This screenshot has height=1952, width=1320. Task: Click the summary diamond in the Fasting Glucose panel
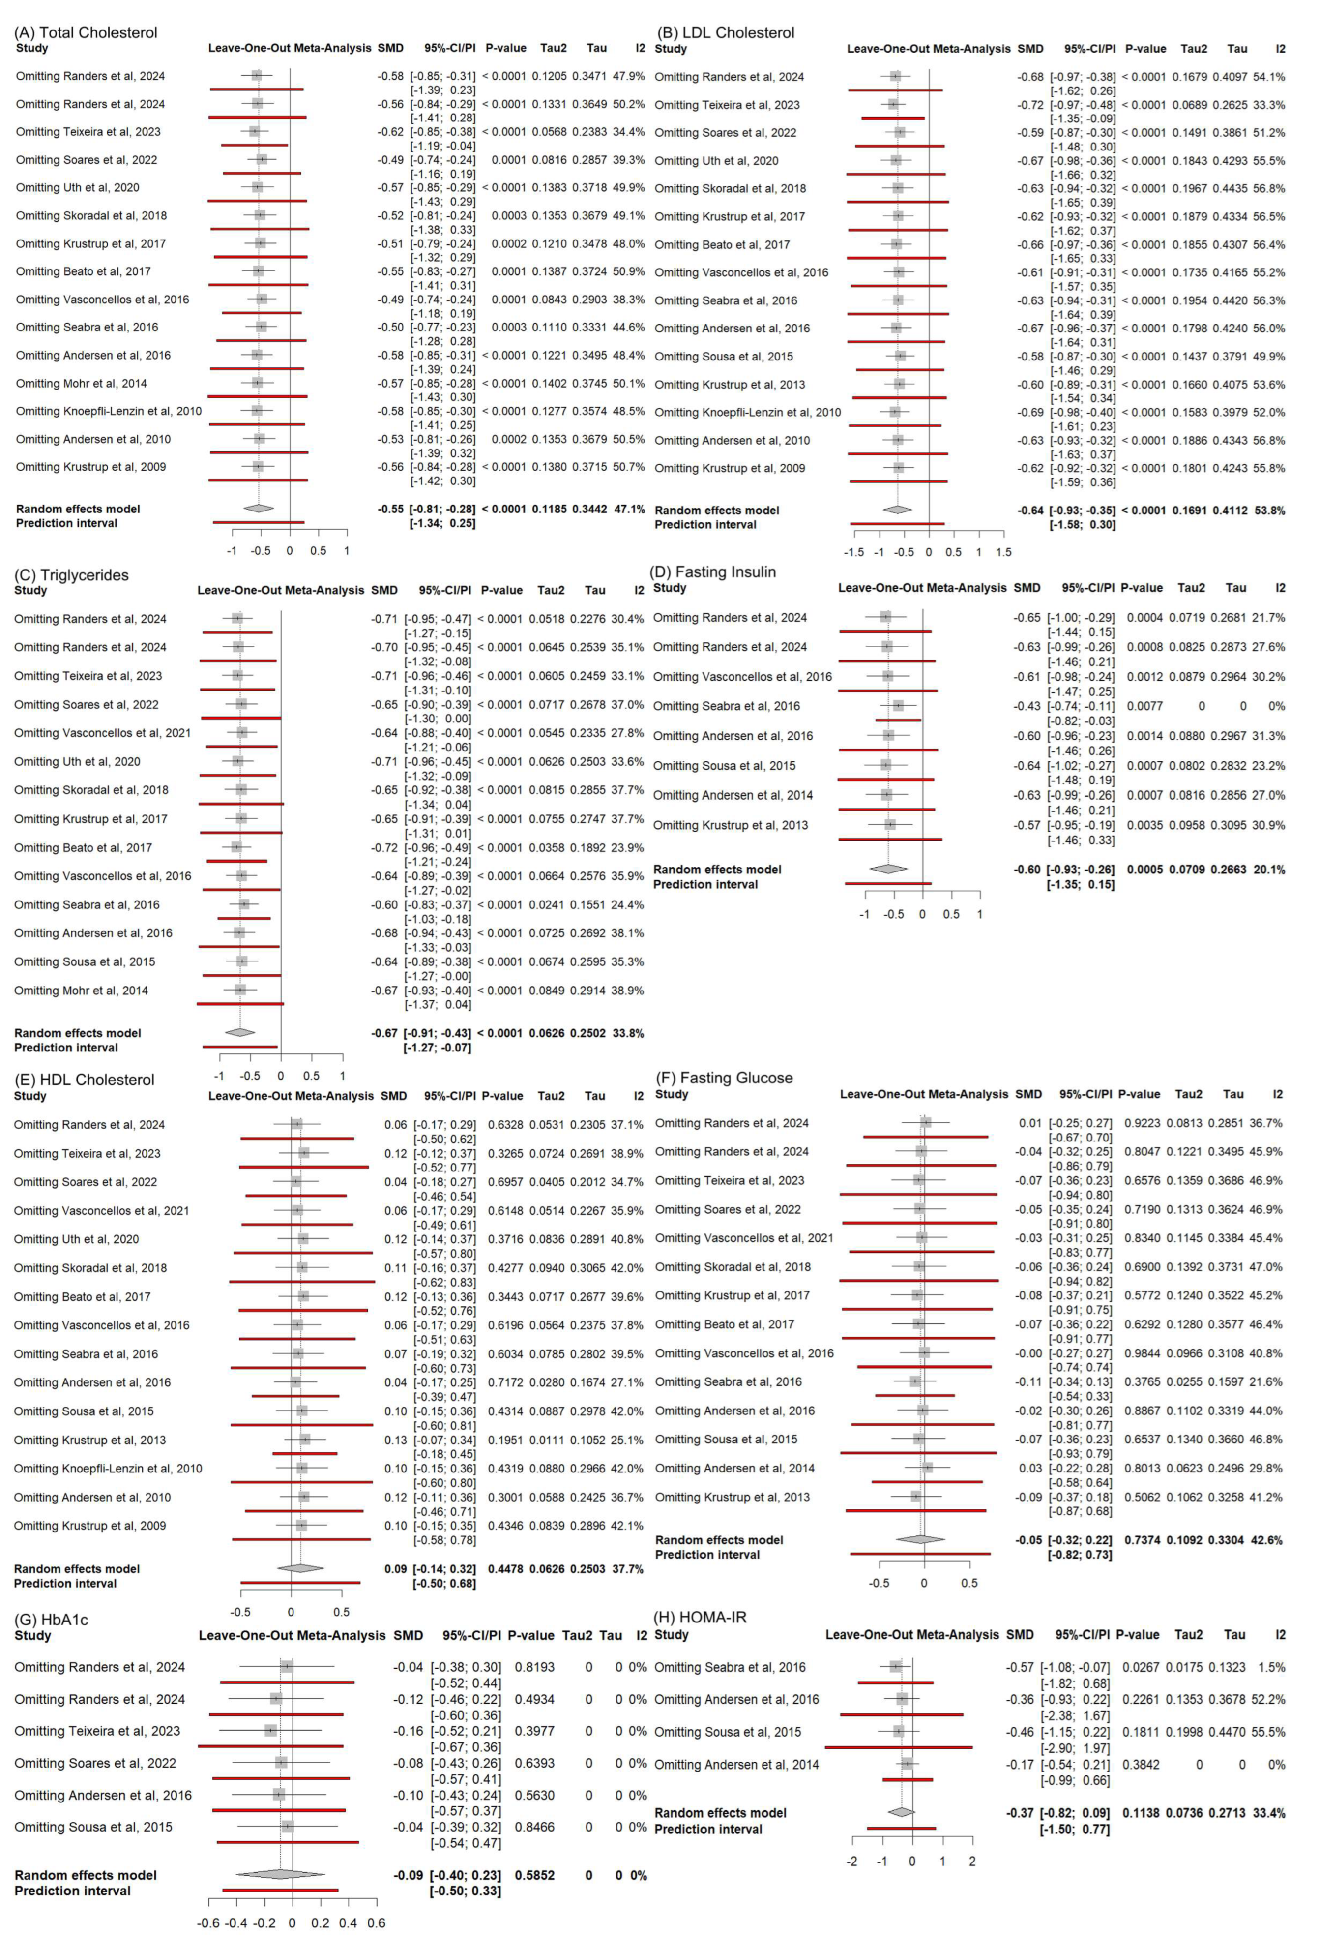[921, 1539]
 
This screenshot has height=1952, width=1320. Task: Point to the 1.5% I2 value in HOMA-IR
[1272, 1667]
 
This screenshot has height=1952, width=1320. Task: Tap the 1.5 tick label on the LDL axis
[1003, 553]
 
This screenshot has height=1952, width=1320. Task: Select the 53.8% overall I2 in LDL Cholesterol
[1269, 511]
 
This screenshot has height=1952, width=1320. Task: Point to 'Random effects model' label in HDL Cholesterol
[76, 1569]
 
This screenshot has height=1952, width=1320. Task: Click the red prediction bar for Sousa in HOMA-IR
[899, 1747]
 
